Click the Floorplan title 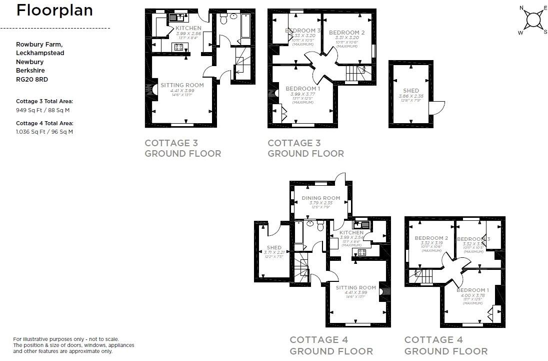click(x=54, y=11)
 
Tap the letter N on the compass click(x=521, y=8)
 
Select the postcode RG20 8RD click(x=32, y=79)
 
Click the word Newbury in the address click(x=29, y=62)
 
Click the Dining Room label click(x=320, y=198)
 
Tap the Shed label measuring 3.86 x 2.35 click(x=411, y=91)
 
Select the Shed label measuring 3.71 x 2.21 click(x=274, y=248)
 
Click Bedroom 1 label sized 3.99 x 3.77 click(x=302, y=89)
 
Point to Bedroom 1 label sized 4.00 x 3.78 click(x=472, y=290)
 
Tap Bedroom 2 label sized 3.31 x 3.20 click(x=346, y=33)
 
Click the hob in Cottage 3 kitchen click(x=178, y=47)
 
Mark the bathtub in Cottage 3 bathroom click(x=247, y=26)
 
